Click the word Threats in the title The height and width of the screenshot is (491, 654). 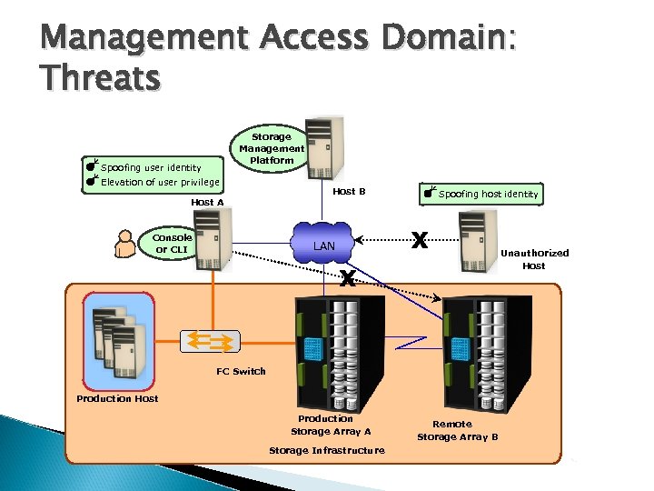tap(100, 78)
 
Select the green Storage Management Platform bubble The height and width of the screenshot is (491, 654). tap(272, 148)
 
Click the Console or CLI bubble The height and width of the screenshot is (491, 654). tap(172, 243)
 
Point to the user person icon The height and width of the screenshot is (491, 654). tap(124, 244)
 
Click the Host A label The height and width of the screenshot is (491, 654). tap(207, 202)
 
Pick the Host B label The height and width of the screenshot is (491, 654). tap(349, 192)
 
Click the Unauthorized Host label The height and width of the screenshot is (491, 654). tap(534, 259)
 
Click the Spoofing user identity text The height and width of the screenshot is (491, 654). tap(151, 167)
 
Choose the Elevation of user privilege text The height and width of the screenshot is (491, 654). tap(160, 182)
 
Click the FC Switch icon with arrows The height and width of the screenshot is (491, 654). tap(211, 340)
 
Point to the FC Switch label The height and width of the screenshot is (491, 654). tap(241, 371)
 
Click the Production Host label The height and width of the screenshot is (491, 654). tap(117, 398)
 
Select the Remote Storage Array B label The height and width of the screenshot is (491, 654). tap(457, 430)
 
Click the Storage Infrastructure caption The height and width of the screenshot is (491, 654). tap(326, 450)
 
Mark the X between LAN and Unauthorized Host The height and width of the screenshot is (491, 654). tap(419, 240)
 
